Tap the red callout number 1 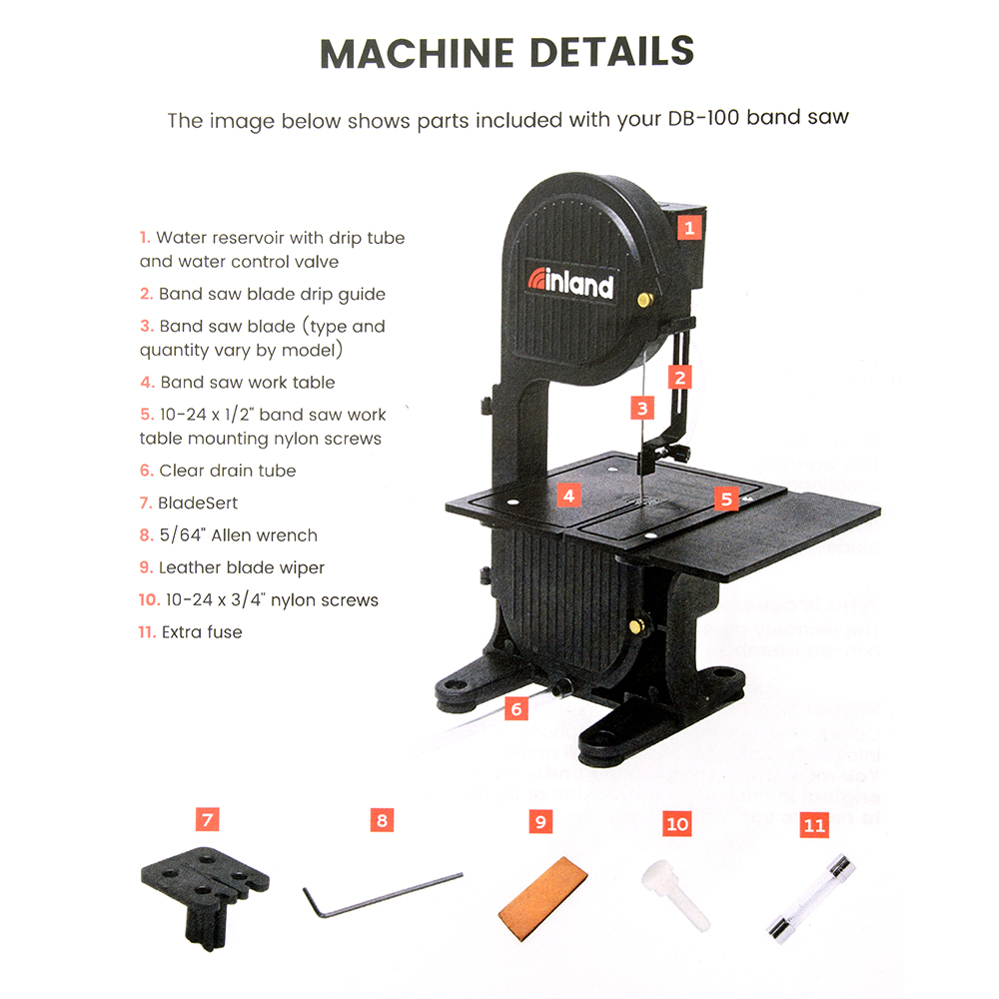coord(688,228)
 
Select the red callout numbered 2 coord(679,378)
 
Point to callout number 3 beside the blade coord(642,408)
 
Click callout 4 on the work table coord(569,496)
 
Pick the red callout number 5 coord(726,499)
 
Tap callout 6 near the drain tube coord(516,708)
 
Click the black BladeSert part coord(205,895)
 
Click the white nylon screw coord(675,893)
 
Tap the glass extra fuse coord(810,899)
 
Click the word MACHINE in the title coord(418,54)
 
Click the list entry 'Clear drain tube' coord(218,471)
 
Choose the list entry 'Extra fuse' coord(191,632)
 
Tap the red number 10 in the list coord(149,600)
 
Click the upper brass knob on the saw coord(644,299)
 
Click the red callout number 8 coord(382,820)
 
